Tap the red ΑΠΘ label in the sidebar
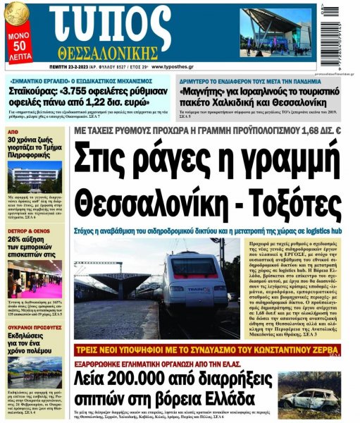tap(13, 132)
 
